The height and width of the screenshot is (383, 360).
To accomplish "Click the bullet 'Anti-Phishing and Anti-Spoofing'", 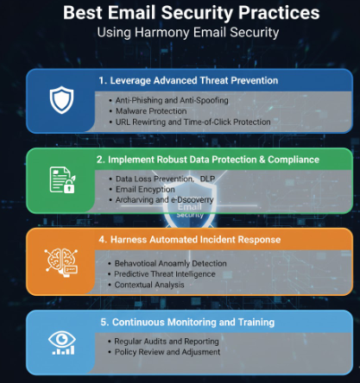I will pyautogui.click(x=167, y=100).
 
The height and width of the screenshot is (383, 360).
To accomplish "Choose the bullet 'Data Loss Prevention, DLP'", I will pyautogui.click(x=165, y=179).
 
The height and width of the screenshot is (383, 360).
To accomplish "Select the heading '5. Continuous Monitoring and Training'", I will pyautogui.click(x=186, y=322).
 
